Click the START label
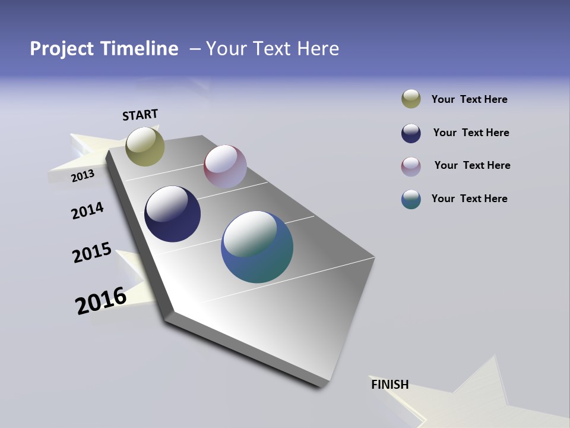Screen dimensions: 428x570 140,115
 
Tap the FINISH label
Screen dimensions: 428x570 389,385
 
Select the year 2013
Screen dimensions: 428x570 83,176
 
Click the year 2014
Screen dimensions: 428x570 87,211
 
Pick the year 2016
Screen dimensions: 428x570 101,300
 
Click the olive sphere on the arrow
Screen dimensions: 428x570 145,146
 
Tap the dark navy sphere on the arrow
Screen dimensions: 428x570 172,214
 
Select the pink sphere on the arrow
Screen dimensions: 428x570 225,166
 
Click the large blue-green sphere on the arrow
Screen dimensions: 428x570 257,247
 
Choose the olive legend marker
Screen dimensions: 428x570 411,99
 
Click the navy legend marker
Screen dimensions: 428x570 411,133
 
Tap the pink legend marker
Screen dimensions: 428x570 411,166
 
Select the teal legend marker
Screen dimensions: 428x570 411,199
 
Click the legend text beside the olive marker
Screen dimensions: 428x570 469,99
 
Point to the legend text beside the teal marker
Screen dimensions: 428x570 469,199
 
